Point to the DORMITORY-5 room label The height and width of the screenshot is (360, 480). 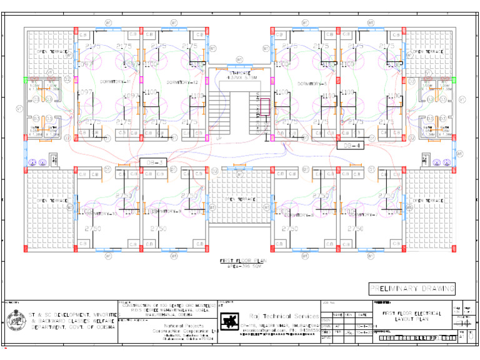[312, 83]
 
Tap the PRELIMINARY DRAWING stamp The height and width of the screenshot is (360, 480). [411, 288]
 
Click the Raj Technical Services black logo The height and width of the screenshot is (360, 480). [231, 322]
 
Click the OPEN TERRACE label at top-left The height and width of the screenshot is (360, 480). [50, 51]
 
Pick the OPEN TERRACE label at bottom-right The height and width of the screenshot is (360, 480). [425, 200]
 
